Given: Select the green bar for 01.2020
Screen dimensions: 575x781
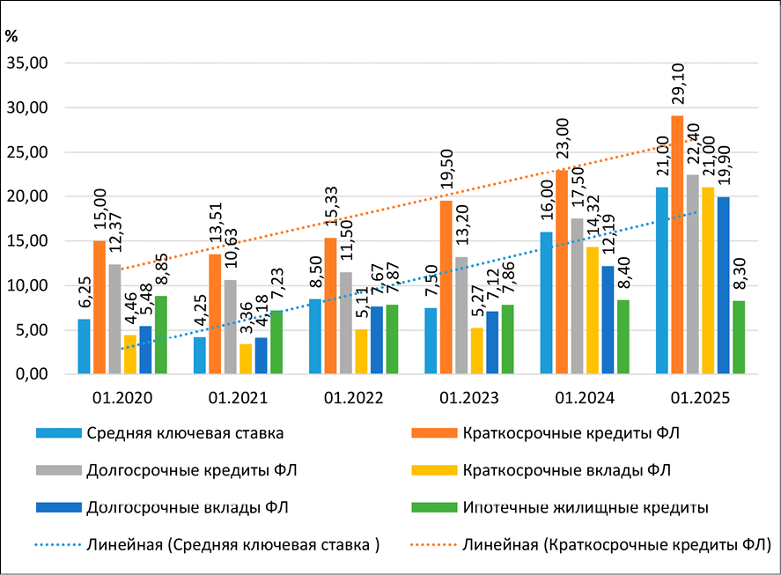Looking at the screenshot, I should point(161,335).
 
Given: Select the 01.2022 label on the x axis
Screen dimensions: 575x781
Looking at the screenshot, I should point(353,398).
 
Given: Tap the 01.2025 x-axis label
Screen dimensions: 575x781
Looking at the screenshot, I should point(701,398).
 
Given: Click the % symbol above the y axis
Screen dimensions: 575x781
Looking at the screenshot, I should point(11,37).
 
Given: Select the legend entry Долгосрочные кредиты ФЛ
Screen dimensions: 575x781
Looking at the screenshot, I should point(166,469).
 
